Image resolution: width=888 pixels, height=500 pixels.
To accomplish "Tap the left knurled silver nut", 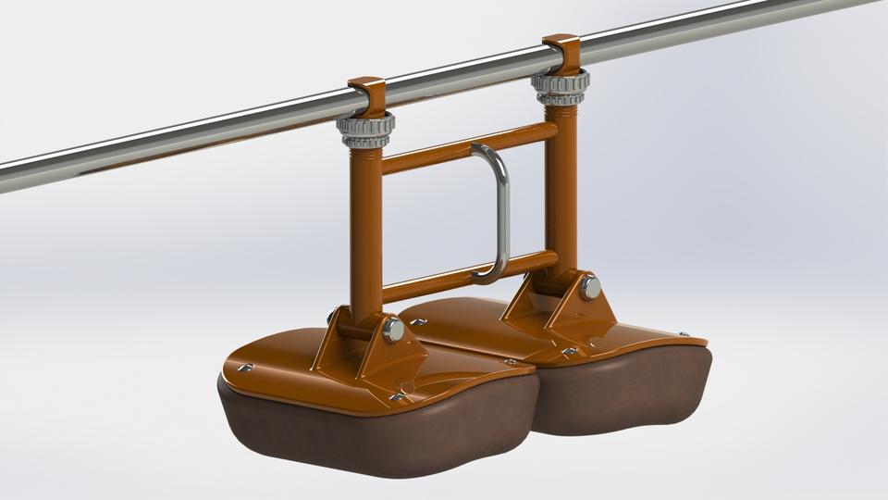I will [365, 129].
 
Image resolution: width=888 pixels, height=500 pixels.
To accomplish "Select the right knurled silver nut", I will [560, 87].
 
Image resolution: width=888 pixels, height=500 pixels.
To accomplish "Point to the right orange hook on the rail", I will [561, 52].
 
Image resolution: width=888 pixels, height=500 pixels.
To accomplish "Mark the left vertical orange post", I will [365, 231].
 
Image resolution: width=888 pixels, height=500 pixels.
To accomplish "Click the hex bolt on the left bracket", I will [393, 329].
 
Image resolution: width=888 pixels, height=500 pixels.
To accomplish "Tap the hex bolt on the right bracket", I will [589, 287].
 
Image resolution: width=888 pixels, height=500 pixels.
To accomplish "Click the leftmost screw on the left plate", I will [244, 369].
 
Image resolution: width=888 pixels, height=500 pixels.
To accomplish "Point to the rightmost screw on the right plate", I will [684, 335].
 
